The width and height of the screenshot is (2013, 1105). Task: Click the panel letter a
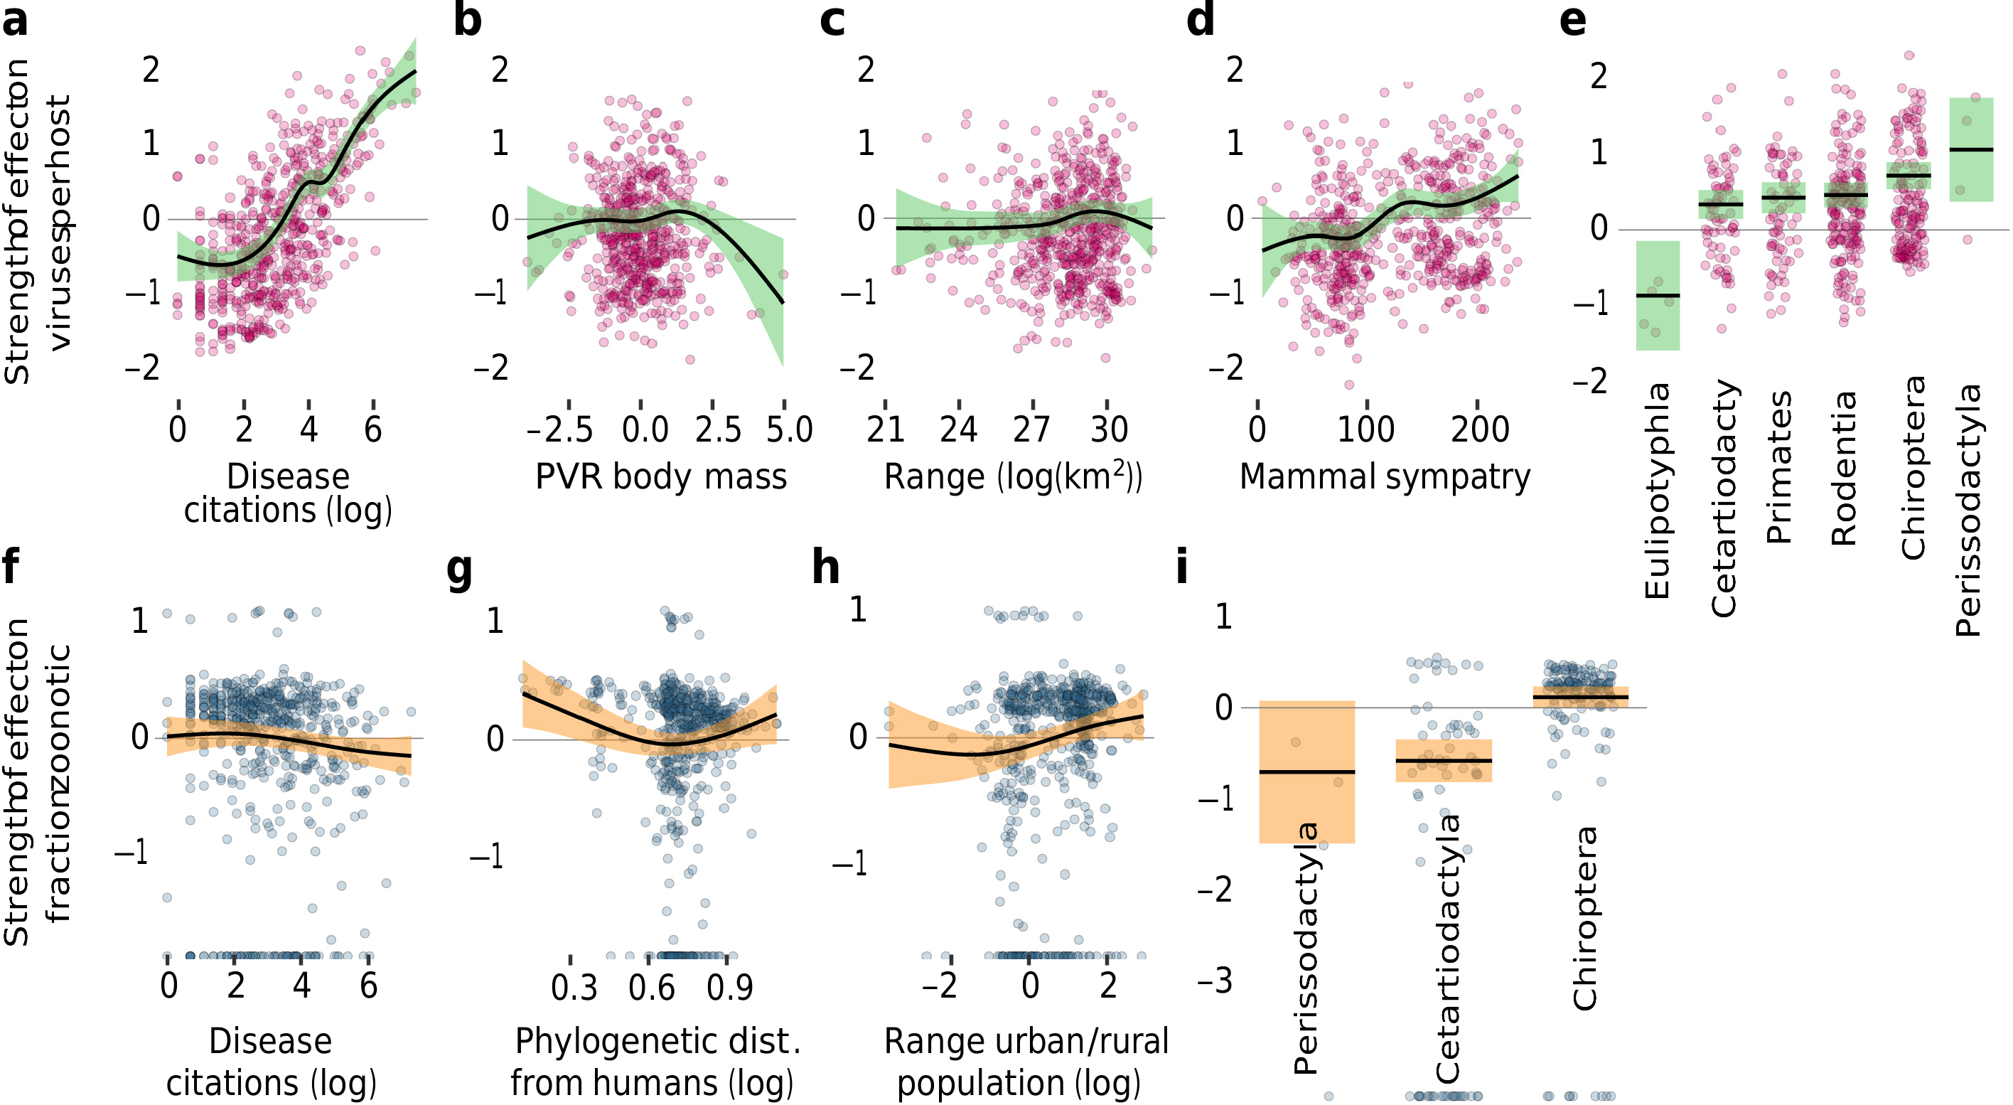coord(15,21)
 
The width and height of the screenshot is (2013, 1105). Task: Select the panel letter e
coord(1572,21)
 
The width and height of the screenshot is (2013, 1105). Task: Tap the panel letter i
coord(1181,567)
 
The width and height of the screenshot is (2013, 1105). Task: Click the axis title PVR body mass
coord(660,476)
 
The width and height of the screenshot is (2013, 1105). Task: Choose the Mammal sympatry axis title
coord(1385,476)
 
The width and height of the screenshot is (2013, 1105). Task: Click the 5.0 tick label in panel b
coord(789,429)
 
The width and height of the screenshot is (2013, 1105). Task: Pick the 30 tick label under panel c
coord(1109,429)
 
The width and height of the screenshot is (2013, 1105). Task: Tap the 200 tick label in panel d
coord(1479,429)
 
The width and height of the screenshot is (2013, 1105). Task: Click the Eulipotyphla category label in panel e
coord(1657,491)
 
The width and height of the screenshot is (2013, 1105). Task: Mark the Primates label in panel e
coord(1778,467)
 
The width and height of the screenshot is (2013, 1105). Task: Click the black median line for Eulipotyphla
coord(1658,295)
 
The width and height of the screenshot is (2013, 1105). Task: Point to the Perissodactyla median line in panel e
coord(1971,149)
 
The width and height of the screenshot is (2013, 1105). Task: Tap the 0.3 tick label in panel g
coord(574,988)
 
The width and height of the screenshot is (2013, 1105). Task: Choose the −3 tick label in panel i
coord(1215,980)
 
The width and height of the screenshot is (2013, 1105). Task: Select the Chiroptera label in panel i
coord(1585,918)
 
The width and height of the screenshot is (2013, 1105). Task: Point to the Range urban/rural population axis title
coord(1025,1063)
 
